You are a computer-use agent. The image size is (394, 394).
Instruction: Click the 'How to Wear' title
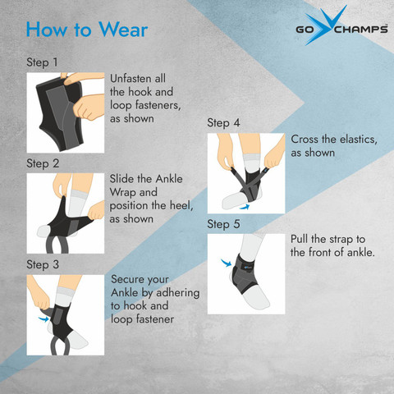[x=87, y=30]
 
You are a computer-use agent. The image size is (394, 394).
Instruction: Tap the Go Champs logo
[x=341, y=26]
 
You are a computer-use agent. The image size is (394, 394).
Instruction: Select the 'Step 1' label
[x=42, y=62]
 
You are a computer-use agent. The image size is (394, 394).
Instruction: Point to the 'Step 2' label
[x=43, y=163]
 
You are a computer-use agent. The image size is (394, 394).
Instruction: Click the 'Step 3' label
[x=43, y=264]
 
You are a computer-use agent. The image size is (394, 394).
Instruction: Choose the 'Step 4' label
[x=223, y=123]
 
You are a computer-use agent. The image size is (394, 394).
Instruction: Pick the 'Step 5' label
[x=223, y=224]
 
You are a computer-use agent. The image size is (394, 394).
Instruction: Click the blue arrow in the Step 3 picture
[x=44, y=318]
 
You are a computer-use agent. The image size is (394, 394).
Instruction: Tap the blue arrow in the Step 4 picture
[x=245, y=207]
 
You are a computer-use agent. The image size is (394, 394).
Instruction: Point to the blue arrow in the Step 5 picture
[x=226, y=263]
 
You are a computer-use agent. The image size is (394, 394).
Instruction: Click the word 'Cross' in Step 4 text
[x=305, y=139]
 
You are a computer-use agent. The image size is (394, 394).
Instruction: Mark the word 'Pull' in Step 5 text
[x=299, y=239]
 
